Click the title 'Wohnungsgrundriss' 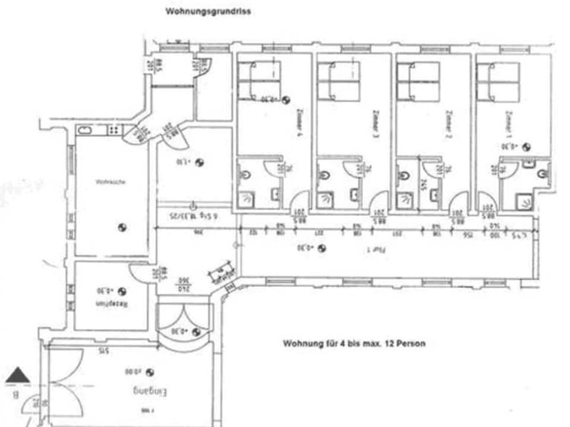pos(208,11)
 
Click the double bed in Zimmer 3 pos(338,81)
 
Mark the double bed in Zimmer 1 pos(498,81)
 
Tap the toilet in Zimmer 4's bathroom pos(246,176)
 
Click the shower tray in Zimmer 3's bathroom pos(325,200)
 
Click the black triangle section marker pos(18,375)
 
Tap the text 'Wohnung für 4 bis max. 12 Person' pos(354,343)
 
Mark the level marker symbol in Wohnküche pos(122,226)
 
